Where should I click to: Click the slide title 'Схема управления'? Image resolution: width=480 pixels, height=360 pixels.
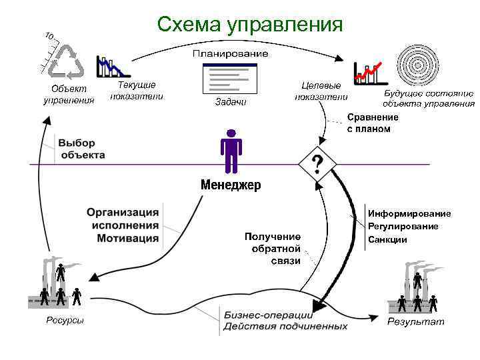tap(249, 25)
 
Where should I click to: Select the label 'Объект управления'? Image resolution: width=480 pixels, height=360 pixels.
tap(69, 95)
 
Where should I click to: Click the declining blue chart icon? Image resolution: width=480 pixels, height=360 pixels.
tap(111, 67)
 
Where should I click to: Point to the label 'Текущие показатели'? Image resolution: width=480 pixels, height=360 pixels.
tap(136, 91)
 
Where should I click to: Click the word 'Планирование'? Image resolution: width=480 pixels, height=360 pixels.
tap(231, 53)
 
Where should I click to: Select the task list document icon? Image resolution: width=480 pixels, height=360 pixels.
tap(230, 79)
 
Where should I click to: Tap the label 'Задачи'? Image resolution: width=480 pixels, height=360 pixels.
tap(231, 103)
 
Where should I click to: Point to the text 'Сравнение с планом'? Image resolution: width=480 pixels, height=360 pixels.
tap(373, 123)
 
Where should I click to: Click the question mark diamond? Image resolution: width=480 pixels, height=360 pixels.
tap(318, 163)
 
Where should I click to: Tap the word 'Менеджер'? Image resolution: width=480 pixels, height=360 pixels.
tap(231, 185)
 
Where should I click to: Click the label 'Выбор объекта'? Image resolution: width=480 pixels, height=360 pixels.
tap(82, 149)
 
